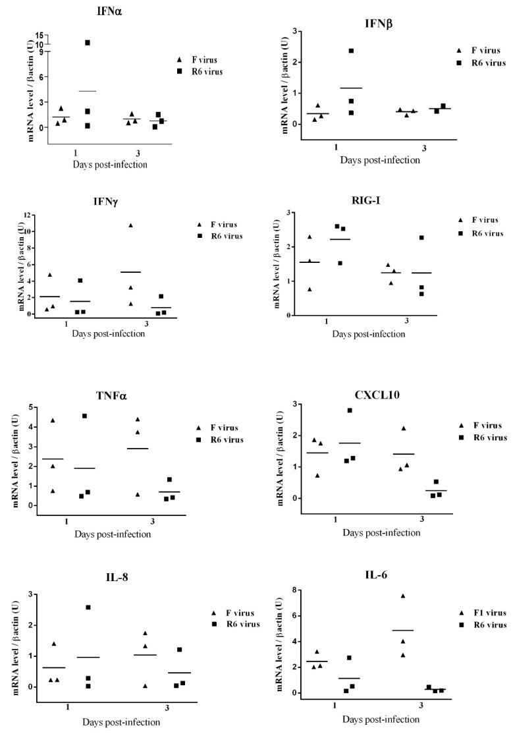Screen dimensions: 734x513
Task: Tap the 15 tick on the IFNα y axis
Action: click(40, 36)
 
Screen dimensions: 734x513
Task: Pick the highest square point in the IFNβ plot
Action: click(351, 51)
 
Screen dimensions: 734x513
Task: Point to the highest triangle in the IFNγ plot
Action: click(130, 225)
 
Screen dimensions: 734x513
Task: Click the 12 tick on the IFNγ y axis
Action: click(29, 216)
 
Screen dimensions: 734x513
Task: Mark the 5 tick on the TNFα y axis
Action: click(30, 407)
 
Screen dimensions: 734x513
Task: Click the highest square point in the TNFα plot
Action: click(85, 416)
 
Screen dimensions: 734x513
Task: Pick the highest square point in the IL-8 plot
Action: click(88, 607)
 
